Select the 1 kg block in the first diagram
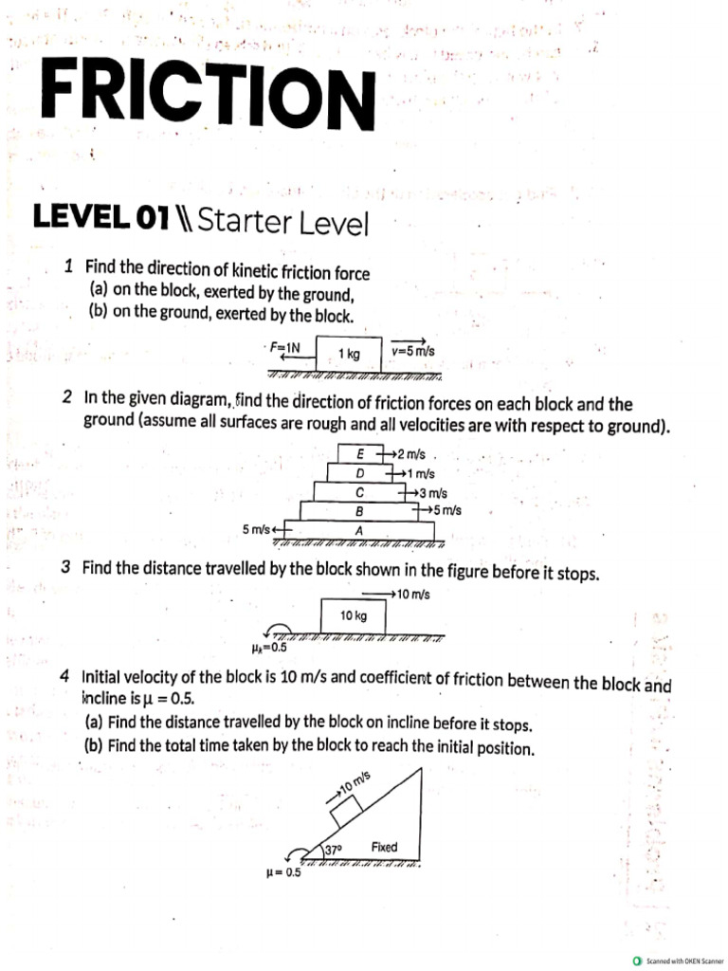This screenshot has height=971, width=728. pos(349,353)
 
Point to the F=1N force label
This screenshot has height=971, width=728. pos(284,348)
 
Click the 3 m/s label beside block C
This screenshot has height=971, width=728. pos(431,492)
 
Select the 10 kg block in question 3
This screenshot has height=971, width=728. pos(353,616)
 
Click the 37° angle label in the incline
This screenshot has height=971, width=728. pos(333,850)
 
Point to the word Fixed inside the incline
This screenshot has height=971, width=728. pos(384,846)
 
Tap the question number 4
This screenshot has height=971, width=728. pos(64,677)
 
